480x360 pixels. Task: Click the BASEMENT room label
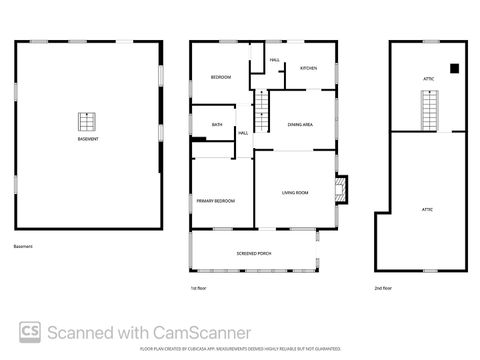tap(88, 139)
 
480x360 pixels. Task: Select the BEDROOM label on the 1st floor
tap(220, 78)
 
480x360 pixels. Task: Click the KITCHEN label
tap(308, 68)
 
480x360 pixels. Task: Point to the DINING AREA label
tap(300, 125)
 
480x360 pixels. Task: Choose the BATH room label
tap(216, 125)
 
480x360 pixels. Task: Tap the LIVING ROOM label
tap(294, 192)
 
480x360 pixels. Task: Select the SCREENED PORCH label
tap(253, 254)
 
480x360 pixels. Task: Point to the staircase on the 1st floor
tap(262, 108)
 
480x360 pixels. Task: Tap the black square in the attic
tap(454, 68)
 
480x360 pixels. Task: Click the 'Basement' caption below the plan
tap(23, 246)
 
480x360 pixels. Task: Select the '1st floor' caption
tap(198, 288)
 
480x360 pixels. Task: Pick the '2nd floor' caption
tap(383, 288)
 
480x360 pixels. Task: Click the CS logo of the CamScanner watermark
tap(29, 332)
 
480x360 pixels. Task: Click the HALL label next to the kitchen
tap(273, 60)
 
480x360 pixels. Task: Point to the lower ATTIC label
tap(426, 209)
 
